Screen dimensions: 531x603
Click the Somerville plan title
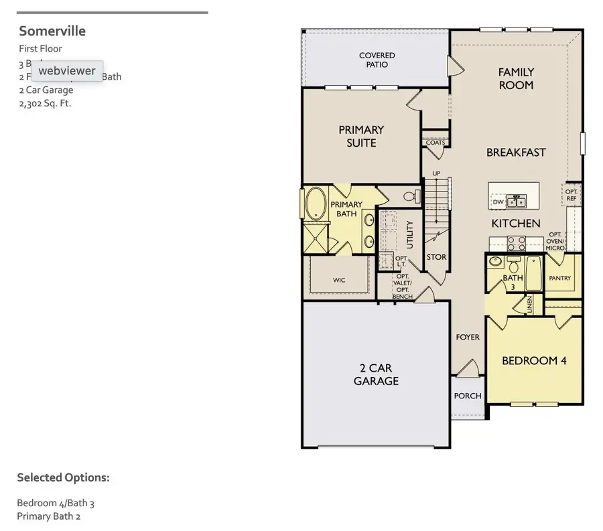point(52,31)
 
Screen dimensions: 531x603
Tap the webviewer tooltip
point(66,70)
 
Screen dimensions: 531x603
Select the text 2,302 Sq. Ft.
point(45,103)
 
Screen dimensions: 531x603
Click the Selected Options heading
point(63,477)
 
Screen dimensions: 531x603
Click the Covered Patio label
point(377,60)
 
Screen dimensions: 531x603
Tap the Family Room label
point(516,78)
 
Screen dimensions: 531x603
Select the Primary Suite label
point(361,136)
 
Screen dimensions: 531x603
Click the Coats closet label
point(435,143)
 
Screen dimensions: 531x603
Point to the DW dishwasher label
point(498,202)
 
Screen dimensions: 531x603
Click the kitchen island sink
point(515,201)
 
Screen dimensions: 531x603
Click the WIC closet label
point(339,280)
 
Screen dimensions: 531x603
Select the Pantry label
point(559,277)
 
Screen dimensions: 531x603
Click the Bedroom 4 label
point(534,360)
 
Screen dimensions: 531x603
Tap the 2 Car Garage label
point(376,374)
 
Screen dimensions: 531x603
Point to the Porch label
point(468,396)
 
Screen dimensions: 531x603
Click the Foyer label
point(468,337)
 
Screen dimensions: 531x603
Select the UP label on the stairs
point(436,174)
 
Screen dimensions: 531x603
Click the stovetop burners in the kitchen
point(516,243)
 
